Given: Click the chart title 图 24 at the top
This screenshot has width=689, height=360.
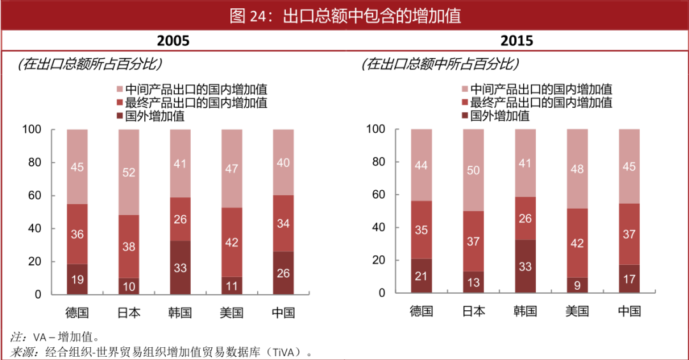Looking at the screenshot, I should click(344, 15).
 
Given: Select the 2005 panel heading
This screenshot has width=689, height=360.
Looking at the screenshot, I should click(174, 41).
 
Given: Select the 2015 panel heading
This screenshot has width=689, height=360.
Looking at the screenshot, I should click(517, 41).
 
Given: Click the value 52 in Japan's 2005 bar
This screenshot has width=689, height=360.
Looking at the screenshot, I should click(129, 172).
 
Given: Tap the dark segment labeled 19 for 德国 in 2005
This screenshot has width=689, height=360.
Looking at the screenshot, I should click(77, 279).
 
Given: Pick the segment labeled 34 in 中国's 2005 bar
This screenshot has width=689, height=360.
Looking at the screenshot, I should click(283, 223).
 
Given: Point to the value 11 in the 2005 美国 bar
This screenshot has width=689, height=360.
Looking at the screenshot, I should click(232, 286).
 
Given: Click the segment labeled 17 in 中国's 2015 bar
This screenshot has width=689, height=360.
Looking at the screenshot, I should click(629, 279).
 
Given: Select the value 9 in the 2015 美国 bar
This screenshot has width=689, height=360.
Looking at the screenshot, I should click(577, 285).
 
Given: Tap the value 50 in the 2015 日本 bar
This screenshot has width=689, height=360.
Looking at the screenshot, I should click(473, 170).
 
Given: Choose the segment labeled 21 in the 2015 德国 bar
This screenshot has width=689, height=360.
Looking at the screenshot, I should click(421, 276).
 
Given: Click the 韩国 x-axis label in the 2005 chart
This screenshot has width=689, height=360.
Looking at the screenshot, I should click(180, 313).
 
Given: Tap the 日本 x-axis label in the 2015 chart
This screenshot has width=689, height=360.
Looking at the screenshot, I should click(473, 311).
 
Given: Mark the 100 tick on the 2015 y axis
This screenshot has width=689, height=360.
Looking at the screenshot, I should click(376, 129).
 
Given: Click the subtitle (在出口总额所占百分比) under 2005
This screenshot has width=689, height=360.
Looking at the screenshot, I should click(89, 64).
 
